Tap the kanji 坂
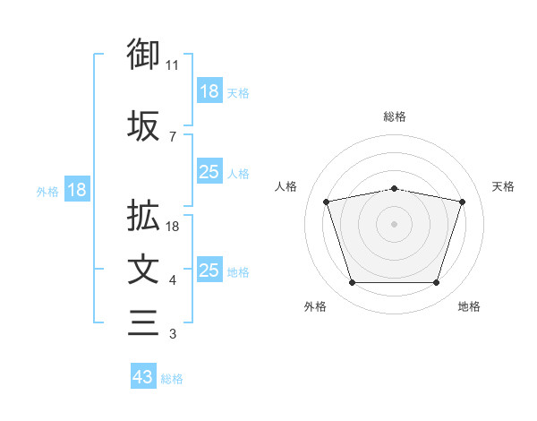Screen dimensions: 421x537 143,126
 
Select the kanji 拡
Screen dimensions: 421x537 143,216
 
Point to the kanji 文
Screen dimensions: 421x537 143,270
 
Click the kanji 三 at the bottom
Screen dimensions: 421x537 143,322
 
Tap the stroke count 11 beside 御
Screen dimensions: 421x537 173,65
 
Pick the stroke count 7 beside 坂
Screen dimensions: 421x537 173,137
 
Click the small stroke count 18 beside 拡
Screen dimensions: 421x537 174,227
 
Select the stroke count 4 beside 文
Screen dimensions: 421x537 173,281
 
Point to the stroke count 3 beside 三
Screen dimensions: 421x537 173,335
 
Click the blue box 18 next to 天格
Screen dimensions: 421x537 209,91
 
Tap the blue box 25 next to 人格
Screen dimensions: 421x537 209,172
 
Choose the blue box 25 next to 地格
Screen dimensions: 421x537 209,271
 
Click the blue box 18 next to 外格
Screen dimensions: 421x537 76,190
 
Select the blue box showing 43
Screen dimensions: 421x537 143,377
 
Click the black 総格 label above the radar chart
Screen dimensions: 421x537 395,116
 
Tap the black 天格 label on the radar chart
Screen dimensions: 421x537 503,186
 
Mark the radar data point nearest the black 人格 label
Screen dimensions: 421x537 327,202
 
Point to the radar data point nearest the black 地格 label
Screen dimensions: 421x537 436,283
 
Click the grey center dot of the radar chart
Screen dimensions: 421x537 395,223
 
